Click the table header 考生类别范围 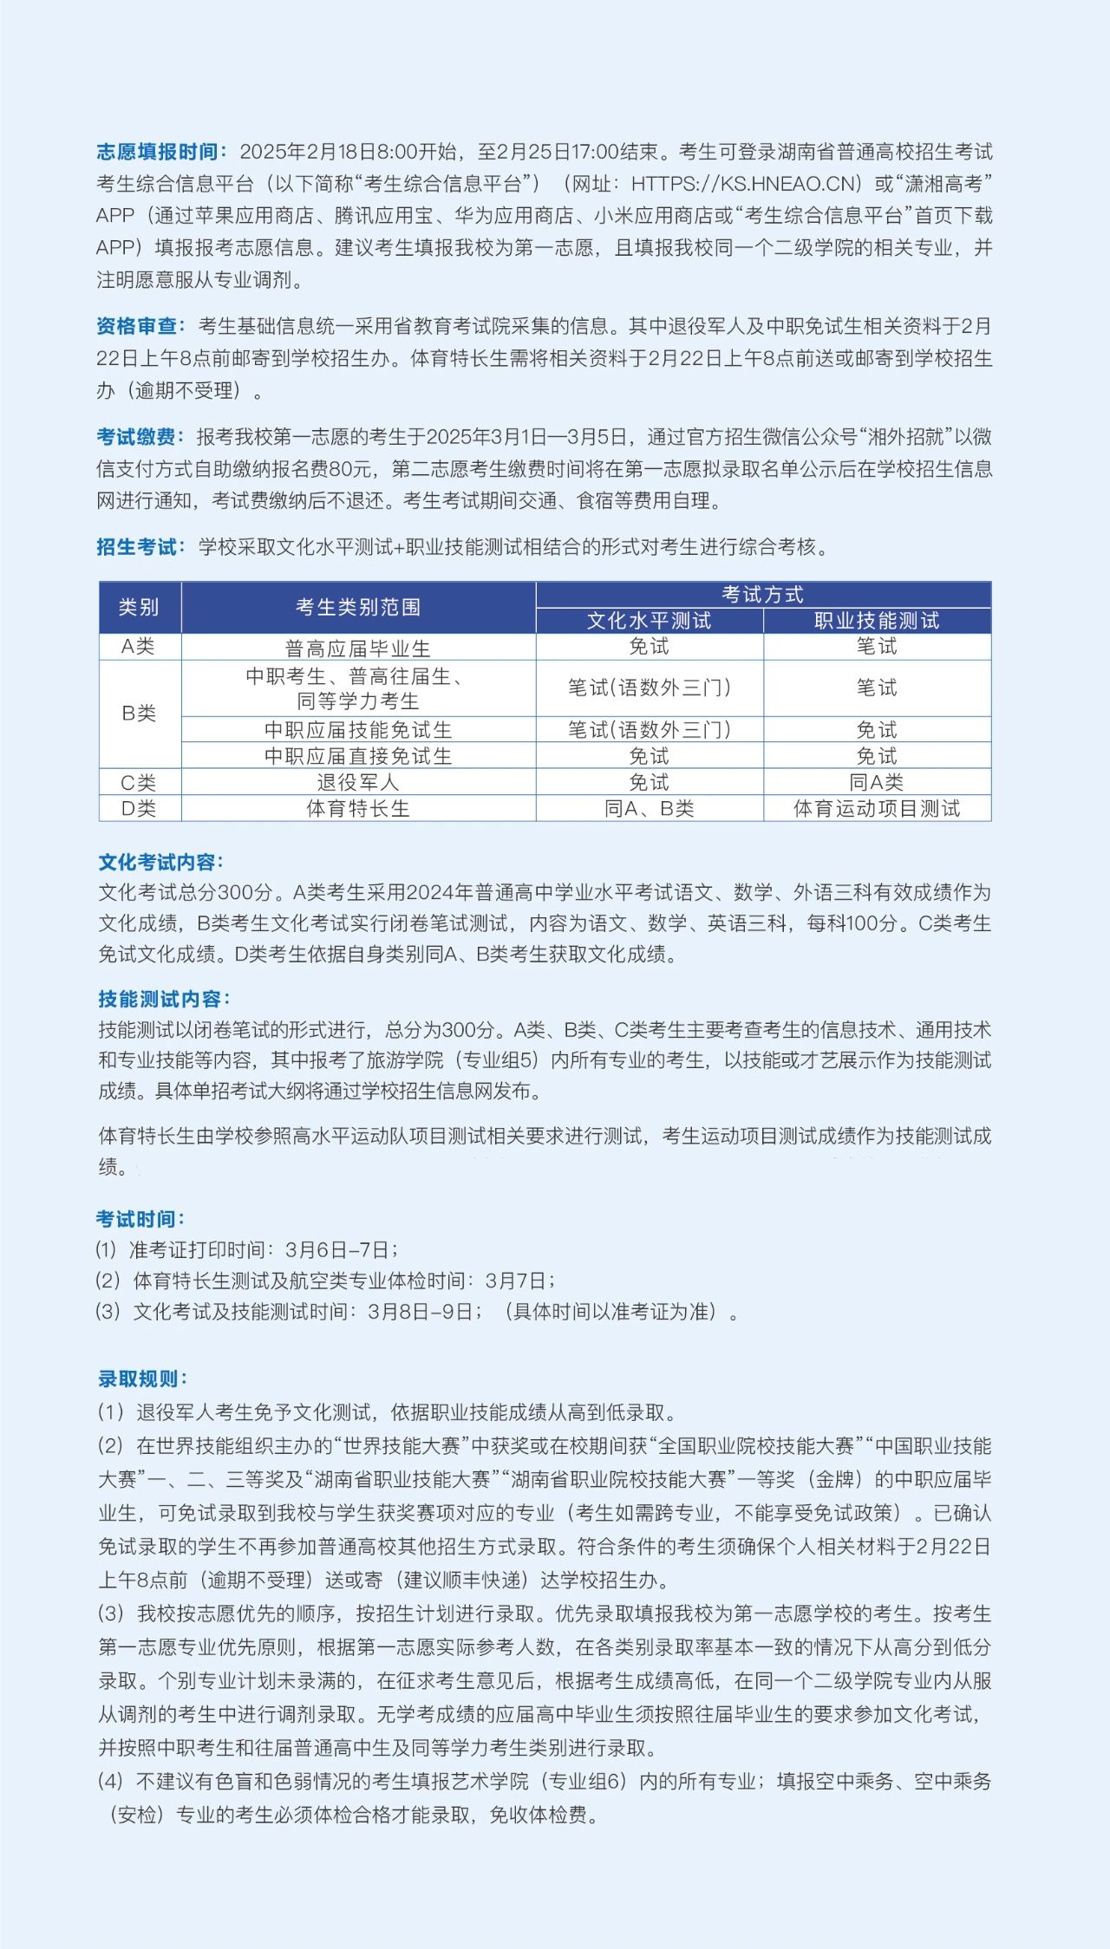[x=358, y=607]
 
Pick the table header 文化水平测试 [x=649, y=621]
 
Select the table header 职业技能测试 [x=877, y=621]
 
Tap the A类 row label [x=139, y=647]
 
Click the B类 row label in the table [x=139, y=714]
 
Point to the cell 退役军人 [x=358, y=782]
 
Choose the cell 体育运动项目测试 [x=877, y=809]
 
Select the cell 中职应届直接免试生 [x=358, y=756]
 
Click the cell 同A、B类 [x=649, y=809]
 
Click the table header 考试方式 [x=763, y=595]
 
